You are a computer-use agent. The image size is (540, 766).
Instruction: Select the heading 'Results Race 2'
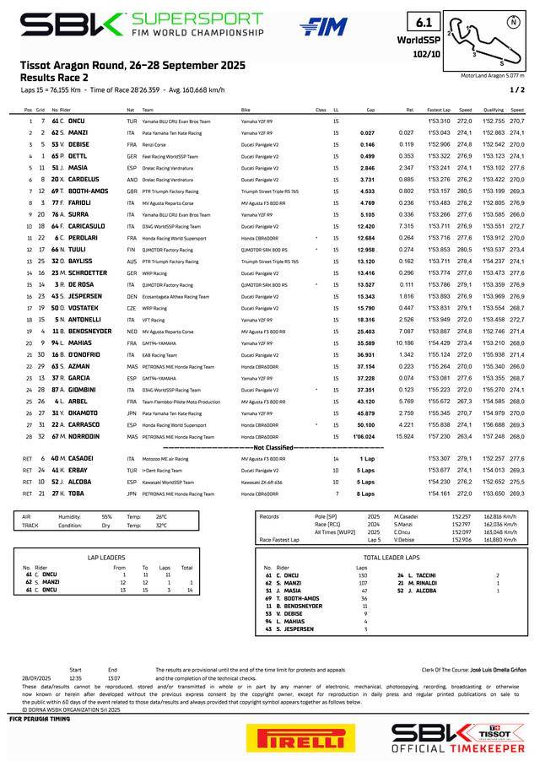tap(57, 77)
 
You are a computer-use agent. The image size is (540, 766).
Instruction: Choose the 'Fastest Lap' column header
tap(439, 110)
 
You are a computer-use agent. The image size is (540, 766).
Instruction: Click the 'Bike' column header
tap(246, 110)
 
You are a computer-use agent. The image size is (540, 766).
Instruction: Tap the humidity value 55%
tap(106, 515)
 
